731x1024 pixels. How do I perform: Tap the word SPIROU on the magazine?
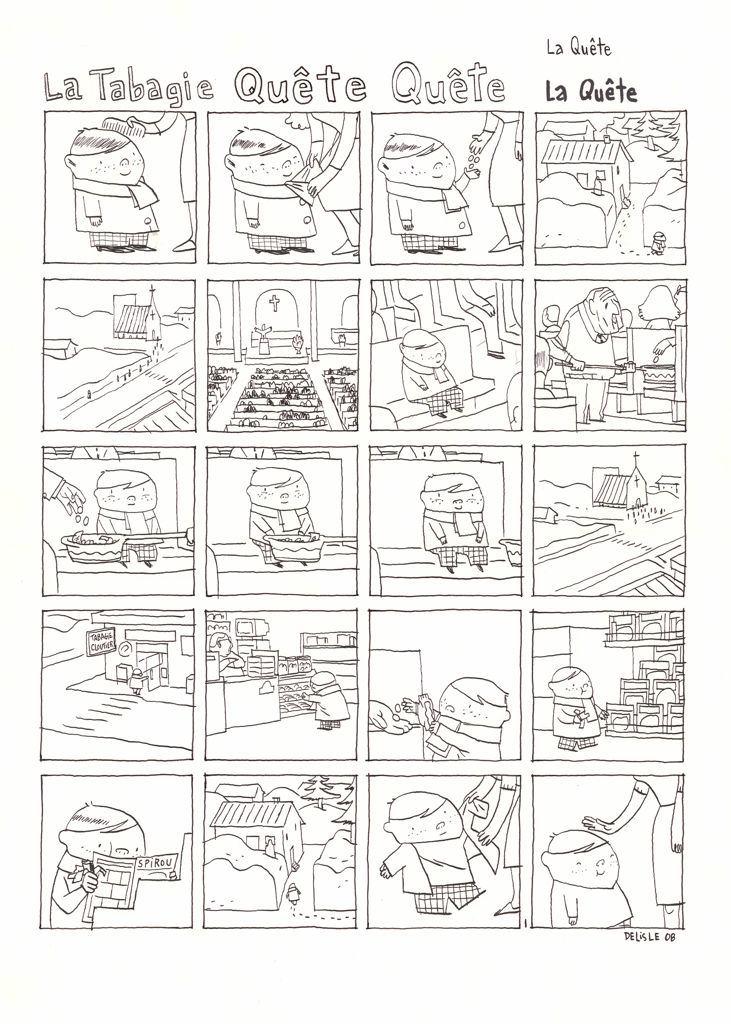(x=158, y=861)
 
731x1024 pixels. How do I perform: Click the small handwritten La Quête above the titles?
(x=579, y=48)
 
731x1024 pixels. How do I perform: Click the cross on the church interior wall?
(x=274, y=303)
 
